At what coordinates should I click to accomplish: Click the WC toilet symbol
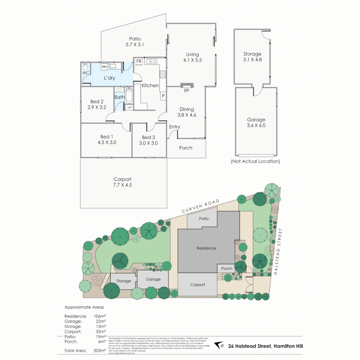[85, 66]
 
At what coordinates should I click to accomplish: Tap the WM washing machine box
[104, 66]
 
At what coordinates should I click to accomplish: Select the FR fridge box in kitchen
[139, 61]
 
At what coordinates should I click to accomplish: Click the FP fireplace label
[186, 90]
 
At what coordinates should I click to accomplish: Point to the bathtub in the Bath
[129, 95]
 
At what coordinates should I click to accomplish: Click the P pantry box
[163, 96]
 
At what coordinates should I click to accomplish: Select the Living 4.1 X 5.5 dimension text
[193, 60]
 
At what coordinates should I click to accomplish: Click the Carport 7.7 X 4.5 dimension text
[122, 185]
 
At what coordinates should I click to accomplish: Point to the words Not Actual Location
[256, 161]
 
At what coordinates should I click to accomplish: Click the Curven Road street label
[201, 207]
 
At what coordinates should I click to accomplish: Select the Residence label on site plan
[206, 248]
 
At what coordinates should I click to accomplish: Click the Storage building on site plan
[123, 281]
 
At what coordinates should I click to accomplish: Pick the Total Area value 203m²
[100, 350]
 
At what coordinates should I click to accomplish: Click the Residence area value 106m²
[100, 316]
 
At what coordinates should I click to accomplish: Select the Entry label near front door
[175, 127]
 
